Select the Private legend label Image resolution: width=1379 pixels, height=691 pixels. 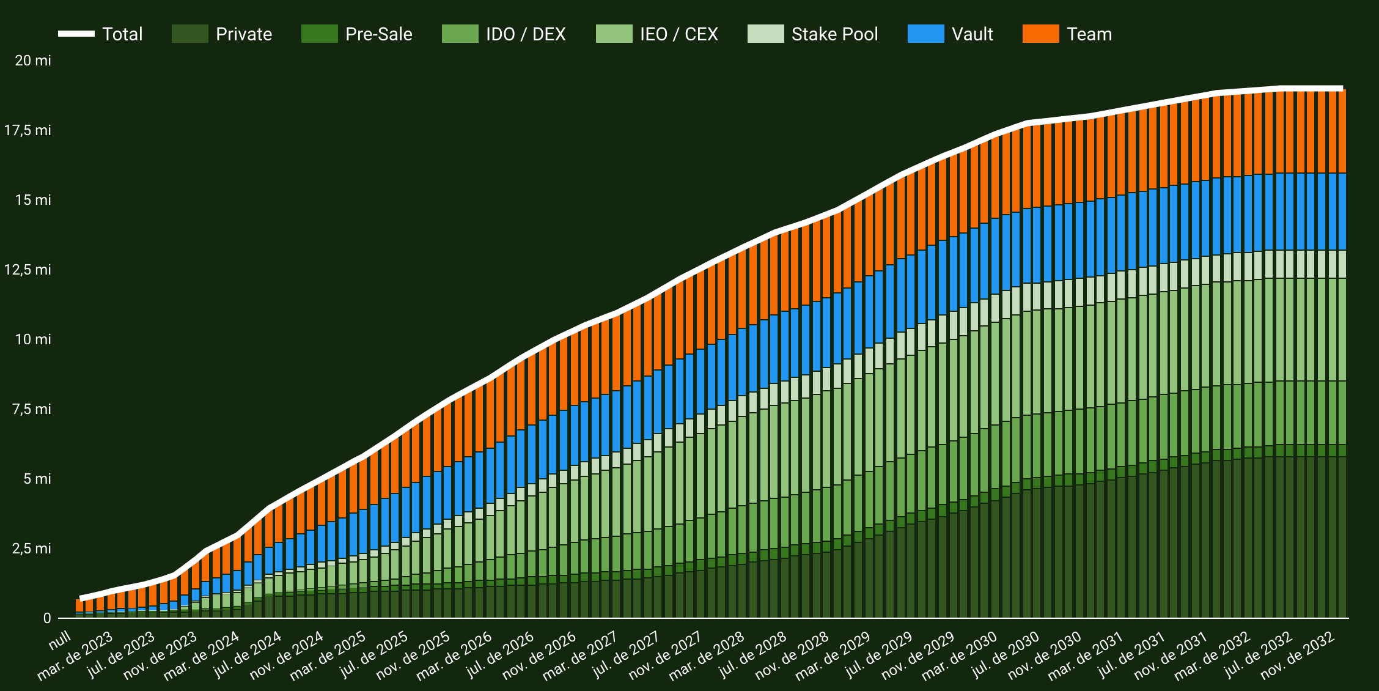(243, 34)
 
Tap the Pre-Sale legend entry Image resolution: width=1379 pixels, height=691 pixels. (378, 34)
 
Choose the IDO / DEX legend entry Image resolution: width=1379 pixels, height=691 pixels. (525, 34)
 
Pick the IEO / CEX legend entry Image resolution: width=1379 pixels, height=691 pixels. (678, 34)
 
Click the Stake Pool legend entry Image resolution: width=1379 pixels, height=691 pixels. (834, 34)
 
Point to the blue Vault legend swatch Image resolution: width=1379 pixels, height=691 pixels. (925, 34)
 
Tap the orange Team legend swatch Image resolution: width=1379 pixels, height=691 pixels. (1040, 34)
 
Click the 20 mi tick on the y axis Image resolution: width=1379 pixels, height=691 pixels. (33, 61)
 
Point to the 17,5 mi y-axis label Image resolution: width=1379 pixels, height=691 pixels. (28, 130)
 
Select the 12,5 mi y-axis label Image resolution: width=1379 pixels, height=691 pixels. (28, 270)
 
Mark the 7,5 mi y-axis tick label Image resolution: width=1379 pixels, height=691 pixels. (32, 409)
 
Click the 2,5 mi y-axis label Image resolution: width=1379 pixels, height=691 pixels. (32, 549)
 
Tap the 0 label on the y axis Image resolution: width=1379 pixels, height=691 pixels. (46, 618)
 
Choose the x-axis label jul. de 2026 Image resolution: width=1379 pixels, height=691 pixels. (500, 654)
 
